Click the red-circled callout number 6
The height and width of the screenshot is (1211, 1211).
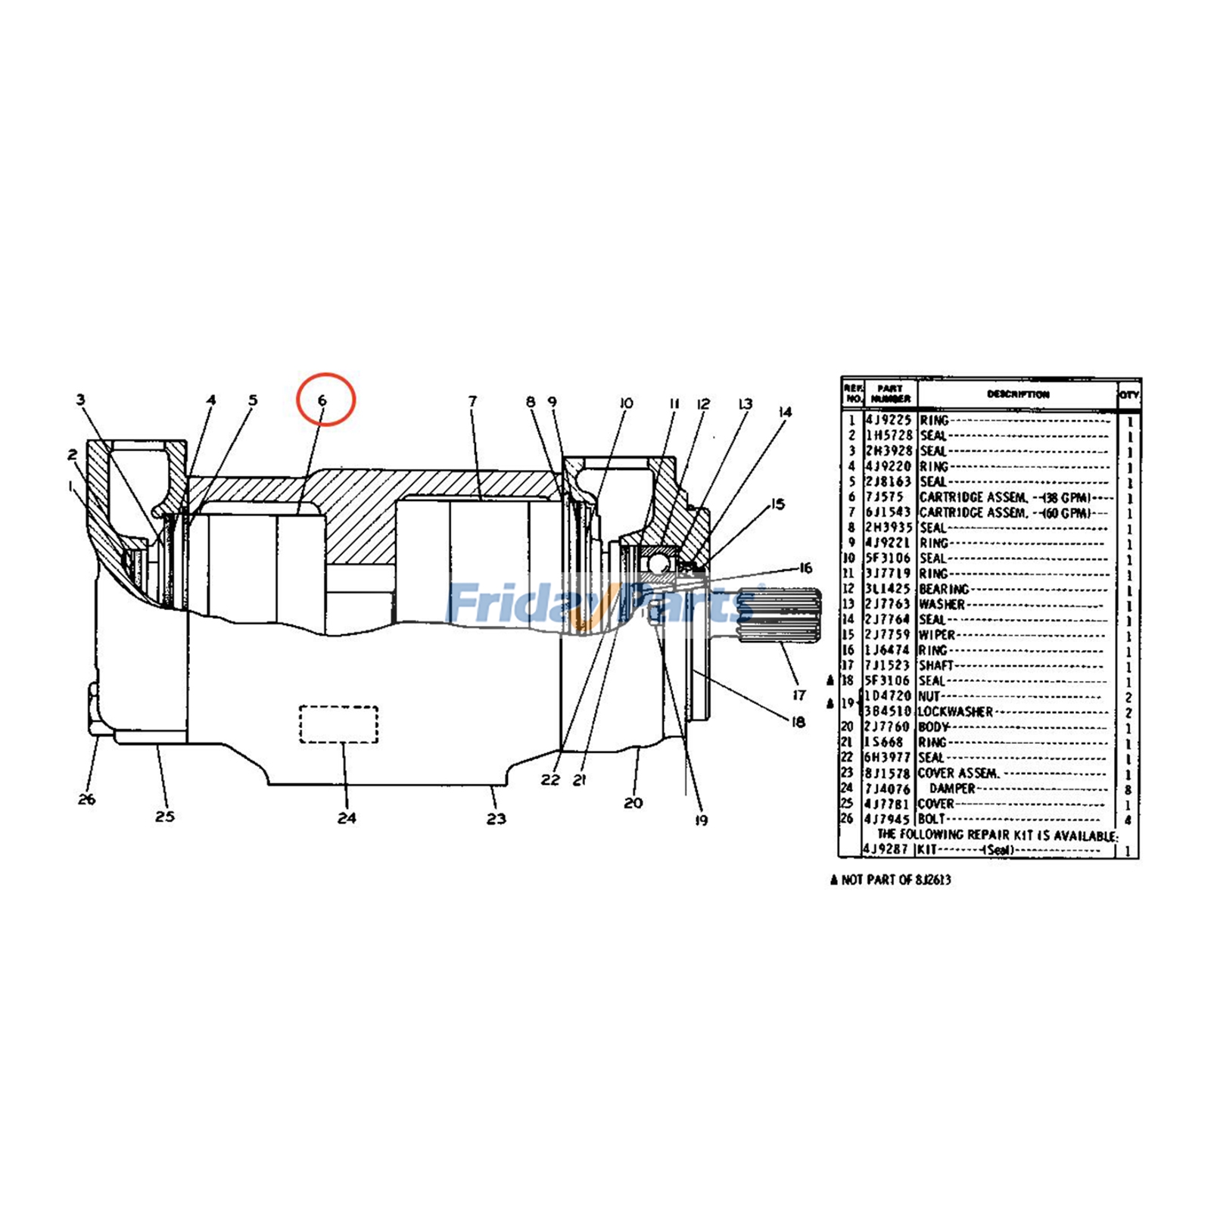pyautogui.click(x=323, y=400)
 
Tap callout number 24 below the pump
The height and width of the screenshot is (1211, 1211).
pyautogui.click(x=347, y=817)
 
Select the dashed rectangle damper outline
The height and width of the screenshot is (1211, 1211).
pyautogui.click(x=338, y=724)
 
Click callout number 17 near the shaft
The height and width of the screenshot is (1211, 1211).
pyautogui.click(x=799, y=694)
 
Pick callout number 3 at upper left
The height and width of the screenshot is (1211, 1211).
pyautogui.click(x=81, y=400)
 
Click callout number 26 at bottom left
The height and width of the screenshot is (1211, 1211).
pyautogui.click(x=87, y=799)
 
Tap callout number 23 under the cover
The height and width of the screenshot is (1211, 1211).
pyautogui.click(x=496, y=818)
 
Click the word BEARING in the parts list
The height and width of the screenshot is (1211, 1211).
pyautogui.click(x=943, y=589)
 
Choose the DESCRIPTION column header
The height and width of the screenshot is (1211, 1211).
pyautogui.click(x=1018, y=394)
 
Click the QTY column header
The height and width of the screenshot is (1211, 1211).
pyautogui.click(x=1129, y=395)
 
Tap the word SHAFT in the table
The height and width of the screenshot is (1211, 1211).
pyautogui.click(x=935, y=665)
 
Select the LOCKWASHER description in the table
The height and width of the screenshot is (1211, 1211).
pyautogui.click(x=954, y=711)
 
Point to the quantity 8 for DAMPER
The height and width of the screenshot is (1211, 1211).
pyautogui.click(x=1128, y=789)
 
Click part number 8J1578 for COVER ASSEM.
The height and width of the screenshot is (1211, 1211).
pyautogui.click(x=888, y=773)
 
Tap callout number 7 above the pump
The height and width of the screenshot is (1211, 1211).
pyautogui.click(x=473, y=401)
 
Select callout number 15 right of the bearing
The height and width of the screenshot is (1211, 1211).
pyautogui.click(x=777, y=504)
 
